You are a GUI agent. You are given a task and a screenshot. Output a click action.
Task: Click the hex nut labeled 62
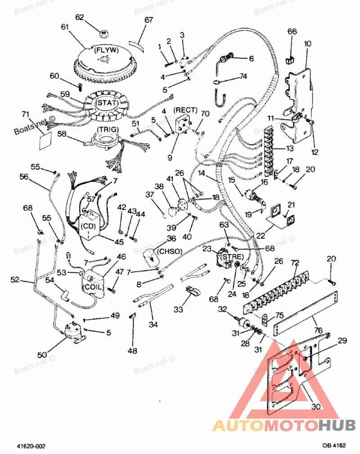coord(104,34)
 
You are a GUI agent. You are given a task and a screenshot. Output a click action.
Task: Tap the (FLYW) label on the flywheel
coord(106,50)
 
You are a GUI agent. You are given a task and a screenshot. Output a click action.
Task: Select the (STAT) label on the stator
coord(107,103)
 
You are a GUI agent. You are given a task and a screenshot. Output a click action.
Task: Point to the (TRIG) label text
coord(108,129)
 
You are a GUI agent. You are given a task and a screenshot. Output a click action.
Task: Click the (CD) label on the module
coord(88,227)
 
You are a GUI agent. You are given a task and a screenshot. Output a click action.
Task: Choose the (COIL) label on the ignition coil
coord(92,287)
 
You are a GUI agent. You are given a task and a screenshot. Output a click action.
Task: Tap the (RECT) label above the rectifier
coord(185,110)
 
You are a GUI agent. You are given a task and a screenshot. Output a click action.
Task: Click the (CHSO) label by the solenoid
coord(170,251)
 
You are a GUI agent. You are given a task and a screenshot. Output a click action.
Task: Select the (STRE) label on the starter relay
coord(232,257)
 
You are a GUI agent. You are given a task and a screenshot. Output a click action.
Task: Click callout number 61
coord(65,27)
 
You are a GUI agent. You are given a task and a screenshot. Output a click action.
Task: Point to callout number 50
coord(42,355)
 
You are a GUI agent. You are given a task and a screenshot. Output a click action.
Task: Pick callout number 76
coord(318,330)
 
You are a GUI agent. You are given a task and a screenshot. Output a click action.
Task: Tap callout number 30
coord(316,406)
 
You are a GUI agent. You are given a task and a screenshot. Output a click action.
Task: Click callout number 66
coord(292,31)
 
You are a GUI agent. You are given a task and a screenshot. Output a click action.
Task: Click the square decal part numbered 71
coord(45,141)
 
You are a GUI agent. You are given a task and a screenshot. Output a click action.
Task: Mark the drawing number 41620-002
coord(31,446)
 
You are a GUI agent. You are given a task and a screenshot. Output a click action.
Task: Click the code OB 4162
coord(334,445)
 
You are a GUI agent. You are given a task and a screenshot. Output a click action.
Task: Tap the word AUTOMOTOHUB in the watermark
coord(284,426)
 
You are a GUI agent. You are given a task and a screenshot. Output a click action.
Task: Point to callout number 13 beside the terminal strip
coord(290,148)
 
